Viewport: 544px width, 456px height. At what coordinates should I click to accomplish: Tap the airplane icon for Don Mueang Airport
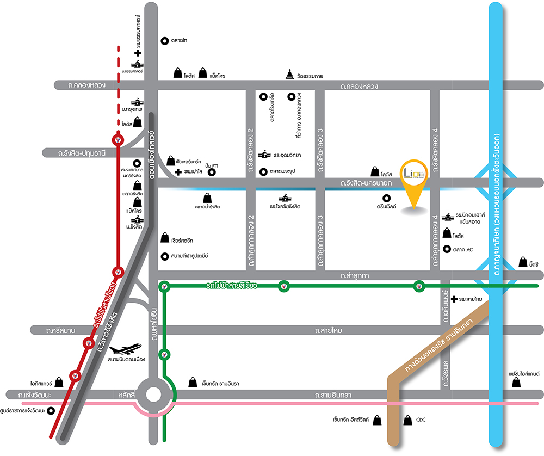pos(126,348)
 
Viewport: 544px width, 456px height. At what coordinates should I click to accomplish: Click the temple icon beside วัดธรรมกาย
pos(289,75)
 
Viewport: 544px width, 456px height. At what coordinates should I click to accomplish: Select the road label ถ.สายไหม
pos(329,330)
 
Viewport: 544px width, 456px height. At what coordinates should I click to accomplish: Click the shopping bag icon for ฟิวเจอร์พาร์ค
pos(172,157)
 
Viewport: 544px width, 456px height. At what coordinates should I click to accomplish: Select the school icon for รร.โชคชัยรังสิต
pos(285,198)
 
